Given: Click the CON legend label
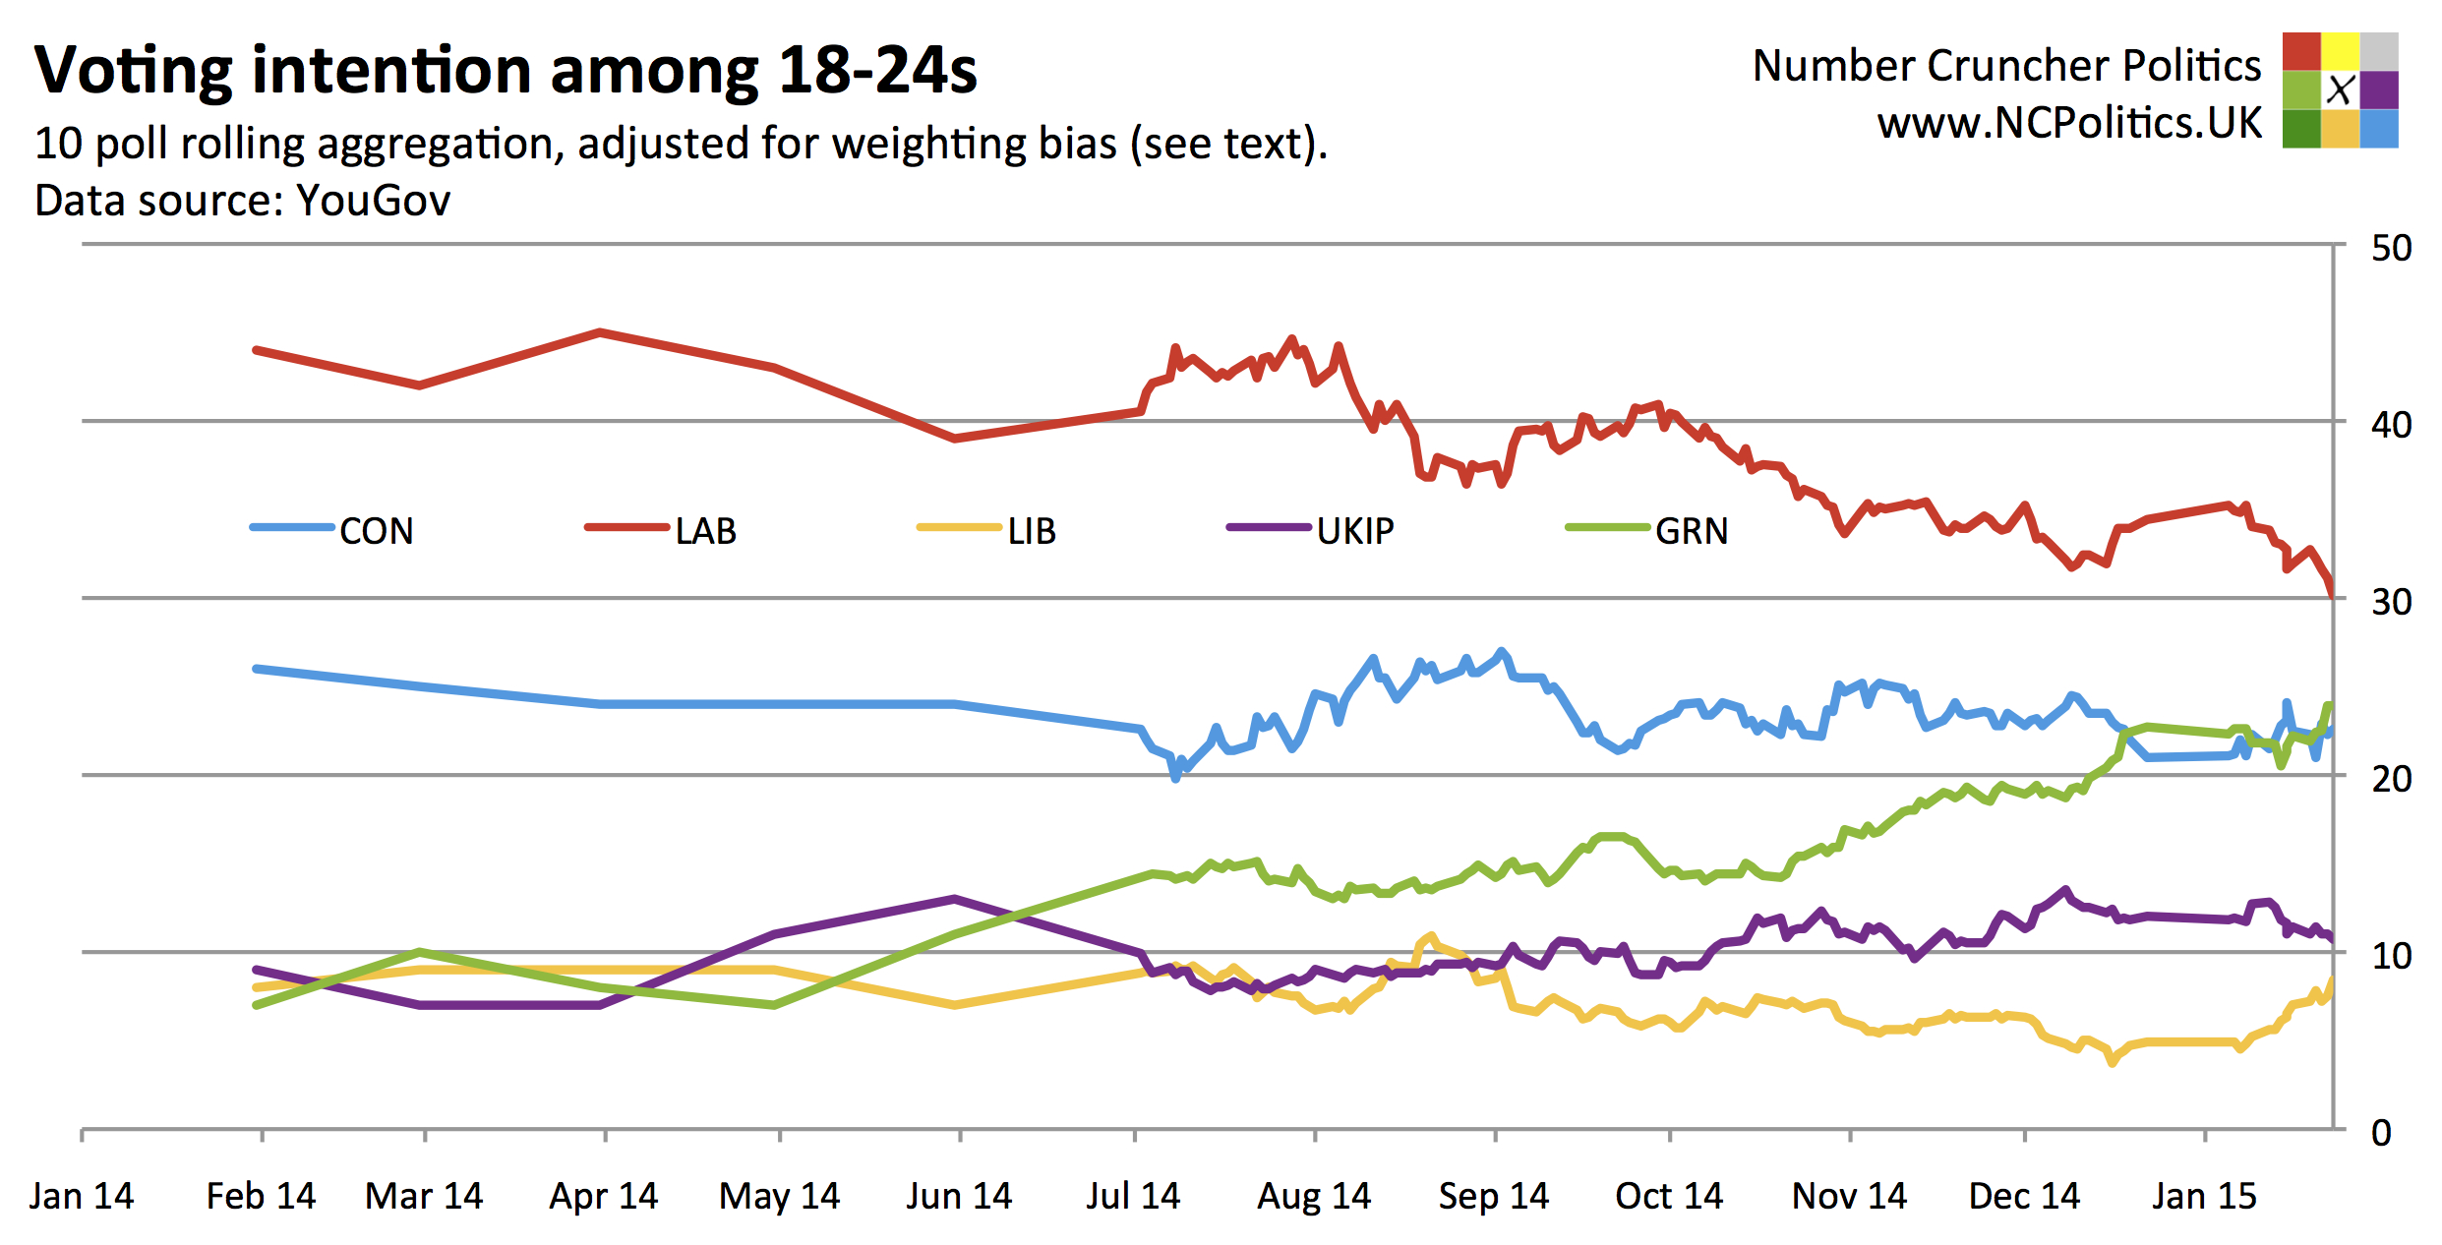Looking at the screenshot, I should tap(376, 531).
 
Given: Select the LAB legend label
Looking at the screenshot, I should tap(705, 531).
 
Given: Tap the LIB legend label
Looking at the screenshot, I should tap(1031, 531).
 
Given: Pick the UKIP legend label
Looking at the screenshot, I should tap(1354, 531).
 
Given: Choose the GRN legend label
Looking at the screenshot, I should tap(1691, 531).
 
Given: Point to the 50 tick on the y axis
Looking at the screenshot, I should tap(2391, 248).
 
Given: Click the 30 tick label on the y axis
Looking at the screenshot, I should tap(2391, 602).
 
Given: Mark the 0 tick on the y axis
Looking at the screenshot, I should tap(2381, 1133).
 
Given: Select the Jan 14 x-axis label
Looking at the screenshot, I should tap(82, 1196).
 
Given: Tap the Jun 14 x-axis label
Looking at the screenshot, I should tap(959, 1196).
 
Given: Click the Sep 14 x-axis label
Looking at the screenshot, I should tap(1493, 1196).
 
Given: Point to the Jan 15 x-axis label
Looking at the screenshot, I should tap(2204, 1196).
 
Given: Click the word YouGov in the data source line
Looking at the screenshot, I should tap(373, 201).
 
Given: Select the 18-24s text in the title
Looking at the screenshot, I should tap(877, 71).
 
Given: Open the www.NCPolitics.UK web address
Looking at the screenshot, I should tap(2069, 123).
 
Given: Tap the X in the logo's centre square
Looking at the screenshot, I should tap(2340, 89).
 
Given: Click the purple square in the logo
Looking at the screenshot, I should tap(2379, 89).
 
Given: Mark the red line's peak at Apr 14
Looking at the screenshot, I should tap(600, 332).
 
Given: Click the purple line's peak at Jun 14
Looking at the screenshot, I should tap(955, 898).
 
